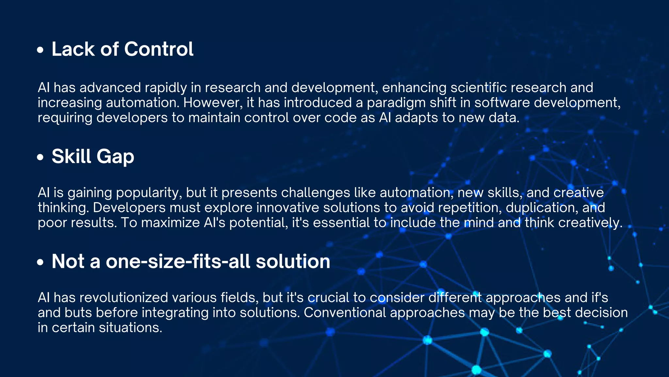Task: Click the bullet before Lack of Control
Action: [x=40, y=50]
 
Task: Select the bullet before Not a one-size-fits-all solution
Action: [x=40, y=262]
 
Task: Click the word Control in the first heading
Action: [x=159, y=49]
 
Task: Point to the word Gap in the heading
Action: [x=115, y=156]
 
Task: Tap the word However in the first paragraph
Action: [x=213, y=103]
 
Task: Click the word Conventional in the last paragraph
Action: [x=345, y=313]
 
